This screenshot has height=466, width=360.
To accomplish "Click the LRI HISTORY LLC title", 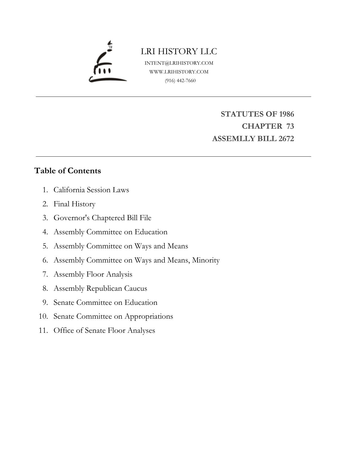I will (179, 51).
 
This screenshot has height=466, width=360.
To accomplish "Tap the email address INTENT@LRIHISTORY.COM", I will (179, 63).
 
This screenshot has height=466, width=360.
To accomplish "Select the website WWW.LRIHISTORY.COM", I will (179, 72).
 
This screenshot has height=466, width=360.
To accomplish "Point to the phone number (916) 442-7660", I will (180, 80).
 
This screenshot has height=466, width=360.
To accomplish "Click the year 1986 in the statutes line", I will (286, 114).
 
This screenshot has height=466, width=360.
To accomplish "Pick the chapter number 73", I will (290, 126).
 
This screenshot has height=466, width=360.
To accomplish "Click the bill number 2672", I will (286, 139).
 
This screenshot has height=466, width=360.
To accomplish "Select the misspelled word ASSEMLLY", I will (230, 139).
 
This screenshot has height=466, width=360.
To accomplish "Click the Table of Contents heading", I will (67, 171).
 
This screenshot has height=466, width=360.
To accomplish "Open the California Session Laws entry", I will (91, 190).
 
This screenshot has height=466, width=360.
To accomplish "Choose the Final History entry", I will (74, 204).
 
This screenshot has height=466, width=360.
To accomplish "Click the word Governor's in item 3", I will (72, 218).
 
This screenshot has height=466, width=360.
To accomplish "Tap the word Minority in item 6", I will (206, 260).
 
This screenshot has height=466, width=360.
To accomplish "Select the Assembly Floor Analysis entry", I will (93, 274).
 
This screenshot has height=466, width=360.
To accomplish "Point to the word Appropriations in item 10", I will (149, 316).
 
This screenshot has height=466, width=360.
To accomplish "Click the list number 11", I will (43, 330).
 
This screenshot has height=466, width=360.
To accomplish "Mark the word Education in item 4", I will (151, 232).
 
